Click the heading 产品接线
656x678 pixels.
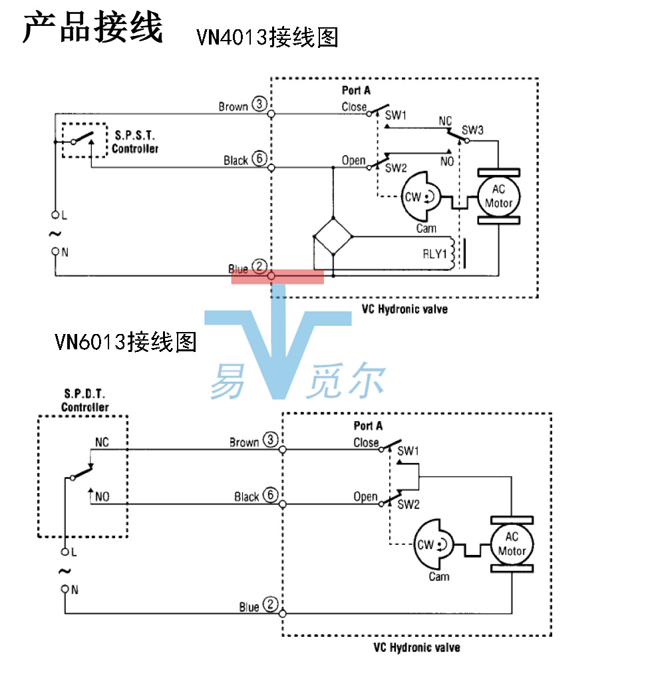[92, 29]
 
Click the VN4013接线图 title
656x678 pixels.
[267, 37]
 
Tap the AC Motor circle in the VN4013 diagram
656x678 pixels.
[498, 196]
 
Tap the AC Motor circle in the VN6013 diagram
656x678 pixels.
[512, 544]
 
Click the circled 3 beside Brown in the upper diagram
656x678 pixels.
[259, 106]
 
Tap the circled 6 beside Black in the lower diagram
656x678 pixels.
[270, 496]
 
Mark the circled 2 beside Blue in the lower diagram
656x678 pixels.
[270, 605]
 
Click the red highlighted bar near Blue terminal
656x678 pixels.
[277, 277]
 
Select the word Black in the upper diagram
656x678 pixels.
[236, 160]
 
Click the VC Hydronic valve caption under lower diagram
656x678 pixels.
[416, 647]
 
